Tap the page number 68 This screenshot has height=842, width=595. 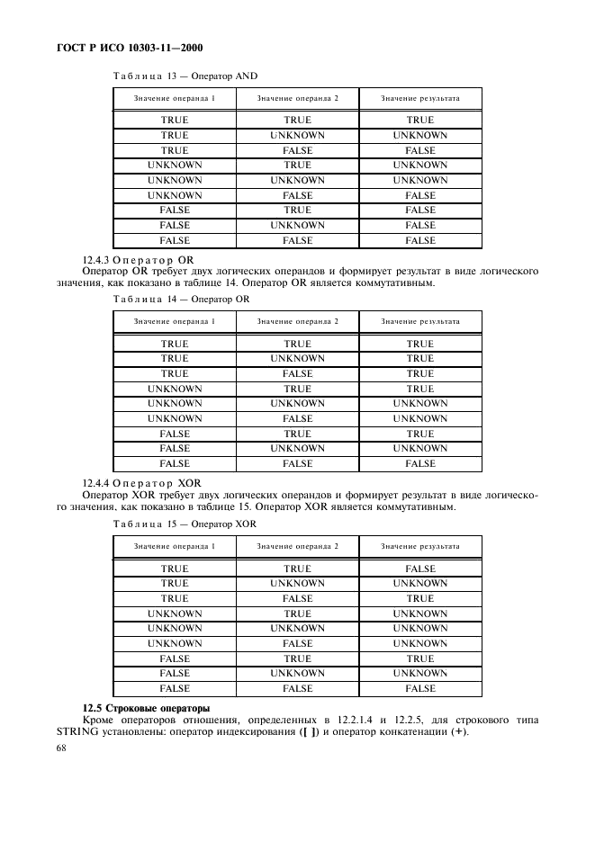point(61,748)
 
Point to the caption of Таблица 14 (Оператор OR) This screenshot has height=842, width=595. point(179,299)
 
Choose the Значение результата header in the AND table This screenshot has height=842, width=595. point(419,97)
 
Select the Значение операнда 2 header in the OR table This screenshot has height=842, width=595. point(297,321)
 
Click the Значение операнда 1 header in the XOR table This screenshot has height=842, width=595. point(174,546)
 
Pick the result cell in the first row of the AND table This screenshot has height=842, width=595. point(419,120)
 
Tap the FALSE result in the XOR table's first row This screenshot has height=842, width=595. point(419,569)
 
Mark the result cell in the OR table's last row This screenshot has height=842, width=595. point(419,463)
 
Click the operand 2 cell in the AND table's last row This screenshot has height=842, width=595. point(297,240)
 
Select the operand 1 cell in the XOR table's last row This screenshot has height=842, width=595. point(174,688)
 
